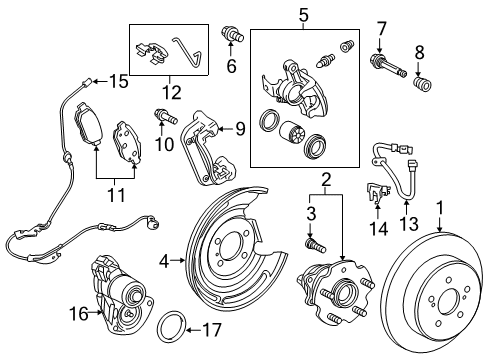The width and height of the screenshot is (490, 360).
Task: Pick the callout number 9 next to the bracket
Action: click(x=239, y=128)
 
